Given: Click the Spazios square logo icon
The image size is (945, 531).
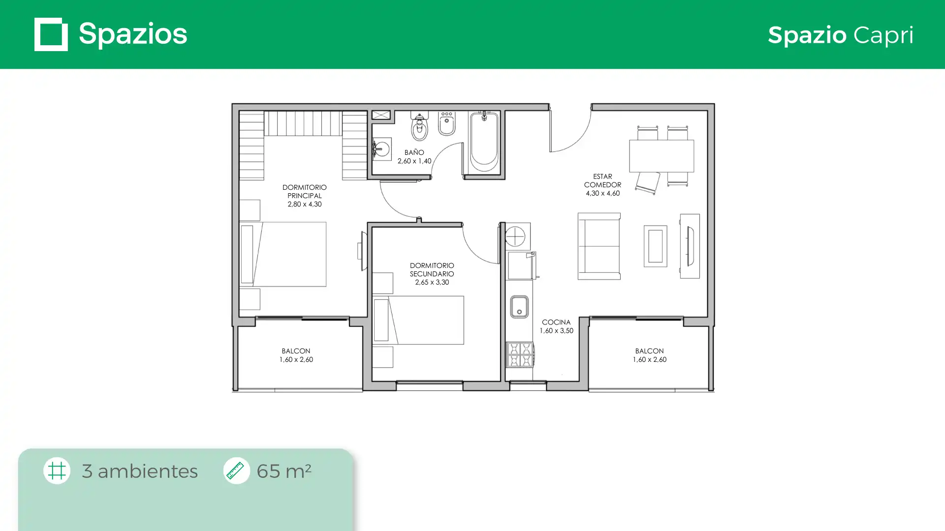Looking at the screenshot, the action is tap(51, 34).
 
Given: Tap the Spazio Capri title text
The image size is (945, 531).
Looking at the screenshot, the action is tap(841, 35).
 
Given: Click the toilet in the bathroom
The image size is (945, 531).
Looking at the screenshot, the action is tap(419, 126).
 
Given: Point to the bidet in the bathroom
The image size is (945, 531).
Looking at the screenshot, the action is tap(447, 124).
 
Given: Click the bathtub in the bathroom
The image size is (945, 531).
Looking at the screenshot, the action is tap(484, 142).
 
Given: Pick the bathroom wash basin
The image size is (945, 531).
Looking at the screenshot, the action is tap(381, 148).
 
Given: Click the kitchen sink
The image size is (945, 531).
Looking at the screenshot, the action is tap(519, 307).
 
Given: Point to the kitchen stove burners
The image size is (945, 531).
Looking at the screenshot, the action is tap(520, 354).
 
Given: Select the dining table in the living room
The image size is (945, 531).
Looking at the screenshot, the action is tap(661, 156).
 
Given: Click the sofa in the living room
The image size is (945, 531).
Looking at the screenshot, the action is tap(599, 246).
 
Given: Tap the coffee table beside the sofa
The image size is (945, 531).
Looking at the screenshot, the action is tap(656, 246).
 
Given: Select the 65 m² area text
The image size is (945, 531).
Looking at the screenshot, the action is tap(284, 471).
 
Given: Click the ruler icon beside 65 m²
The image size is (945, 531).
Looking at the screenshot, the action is tap(236, 471).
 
